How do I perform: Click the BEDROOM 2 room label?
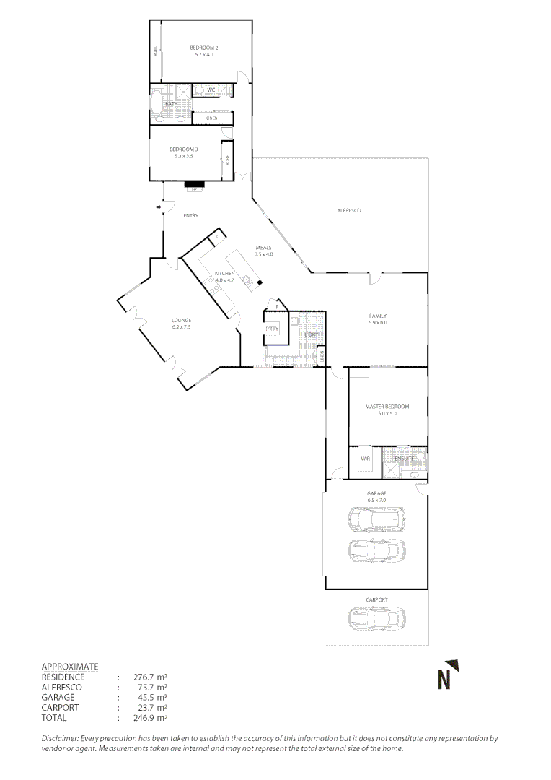[204, 48]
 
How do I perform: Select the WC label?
[211, 90]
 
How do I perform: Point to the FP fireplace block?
[194, 185]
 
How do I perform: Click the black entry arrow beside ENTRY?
[158, 208]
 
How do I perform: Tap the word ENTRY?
[191, 215]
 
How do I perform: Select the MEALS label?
[263, 248]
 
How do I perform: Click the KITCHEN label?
[225, 274]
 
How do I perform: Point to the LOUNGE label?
[181, 320]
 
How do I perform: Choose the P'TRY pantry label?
[272, 329]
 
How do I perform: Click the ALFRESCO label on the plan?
[349, 210]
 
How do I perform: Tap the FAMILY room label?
[378, 316]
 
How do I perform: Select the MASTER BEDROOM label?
[387, 407]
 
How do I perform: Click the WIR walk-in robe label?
[364, 458]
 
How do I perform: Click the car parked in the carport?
[376, 619]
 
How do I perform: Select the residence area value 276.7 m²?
[151, 677]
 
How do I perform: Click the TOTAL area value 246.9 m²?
[151, 718]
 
